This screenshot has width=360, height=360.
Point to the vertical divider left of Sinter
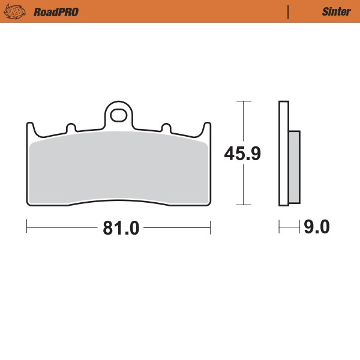click(289, 12)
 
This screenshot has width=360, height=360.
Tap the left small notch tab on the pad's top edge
click(71, 128)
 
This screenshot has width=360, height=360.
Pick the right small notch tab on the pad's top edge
click(166, 128)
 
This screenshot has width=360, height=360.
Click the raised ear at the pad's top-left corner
click(30, 128)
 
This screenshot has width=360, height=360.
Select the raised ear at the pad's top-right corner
click(207, 128)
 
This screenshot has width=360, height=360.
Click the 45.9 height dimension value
click(242, 154)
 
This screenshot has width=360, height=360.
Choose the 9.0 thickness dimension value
click(317, 227)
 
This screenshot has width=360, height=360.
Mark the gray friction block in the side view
click(294, 167)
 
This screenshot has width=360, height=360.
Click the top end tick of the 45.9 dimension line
click(242, 101)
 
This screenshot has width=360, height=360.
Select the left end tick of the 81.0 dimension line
click(27, 227)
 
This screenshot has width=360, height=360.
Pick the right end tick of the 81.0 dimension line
click(210, 227)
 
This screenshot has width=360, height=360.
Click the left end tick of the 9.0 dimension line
click(280, 227)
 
